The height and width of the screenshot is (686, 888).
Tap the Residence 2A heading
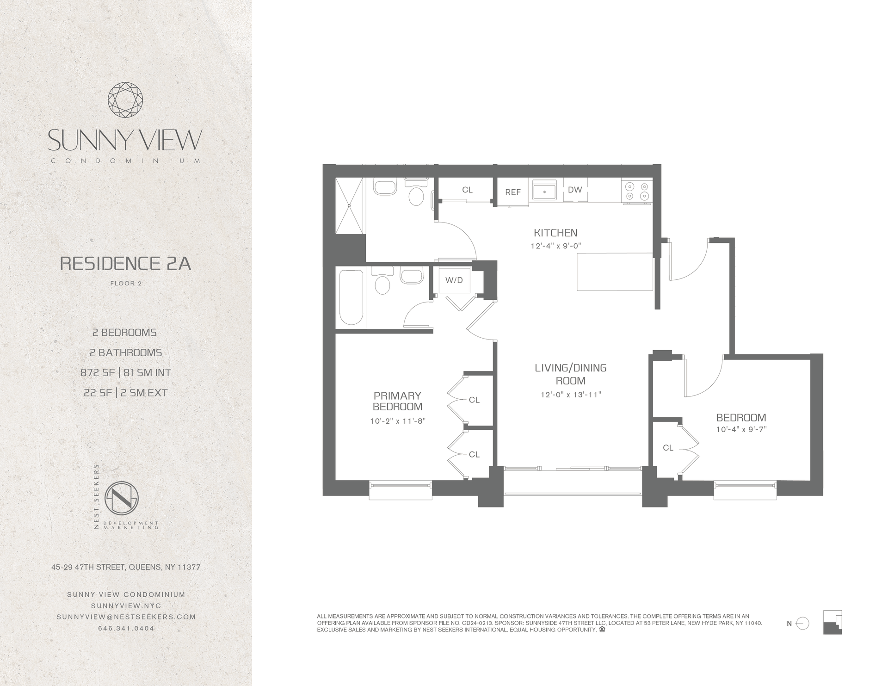[125, 263]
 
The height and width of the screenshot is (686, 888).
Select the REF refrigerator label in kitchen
[513, 192]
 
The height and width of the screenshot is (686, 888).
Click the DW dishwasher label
[575, 190]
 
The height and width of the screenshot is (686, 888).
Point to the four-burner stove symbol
[637, 191]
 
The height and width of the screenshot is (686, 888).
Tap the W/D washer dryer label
[454, 280]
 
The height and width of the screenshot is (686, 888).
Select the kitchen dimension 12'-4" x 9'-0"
[555, 246]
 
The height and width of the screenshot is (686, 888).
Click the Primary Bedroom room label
[398, 401]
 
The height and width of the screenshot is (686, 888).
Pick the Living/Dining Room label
[571, 374]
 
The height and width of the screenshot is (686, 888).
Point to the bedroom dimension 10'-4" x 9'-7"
[741, 429]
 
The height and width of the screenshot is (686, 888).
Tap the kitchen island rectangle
[615, 272]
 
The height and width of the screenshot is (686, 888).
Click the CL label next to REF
[467, 190]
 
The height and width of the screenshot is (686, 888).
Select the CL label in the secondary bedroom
[668, 448]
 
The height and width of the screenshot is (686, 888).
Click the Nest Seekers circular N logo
[122, 500]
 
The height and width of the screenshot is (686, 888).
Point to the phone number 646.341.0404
[126, 629]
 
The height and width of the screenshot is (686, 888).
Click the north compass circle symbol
[803, 624]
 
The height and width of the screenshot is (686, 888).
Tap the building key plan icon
[832, 622]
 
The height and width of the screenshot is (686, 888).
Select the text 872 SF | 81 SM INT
[126, 372]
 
